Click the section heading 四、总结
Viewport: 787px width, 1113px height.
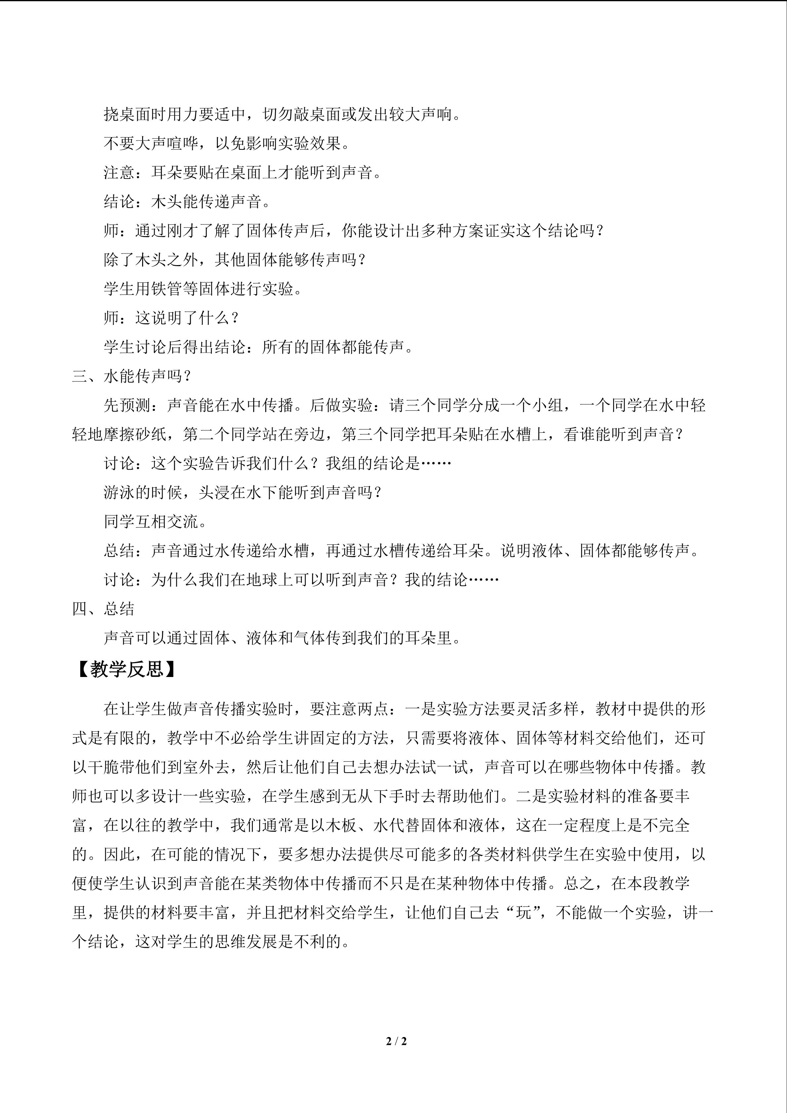point(103,609)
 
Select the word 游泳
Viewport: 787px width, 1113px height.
point(119,493)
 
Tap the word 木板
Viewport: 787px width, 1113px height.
point(341,825)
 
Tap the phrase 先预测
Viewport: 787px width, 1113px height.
point(127,405)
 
